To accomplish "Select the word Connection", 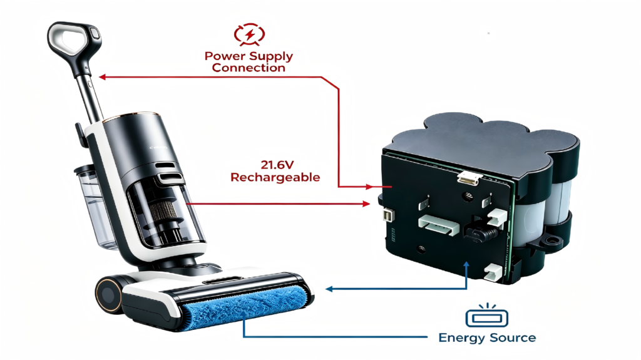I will pyautogui.click(x=249, y=68).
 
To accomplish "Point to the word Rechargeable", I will pyautogui.click(x=275, y=177).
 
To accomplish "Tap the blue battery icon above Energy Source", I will pyautogui.click(x=486, y=316).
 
